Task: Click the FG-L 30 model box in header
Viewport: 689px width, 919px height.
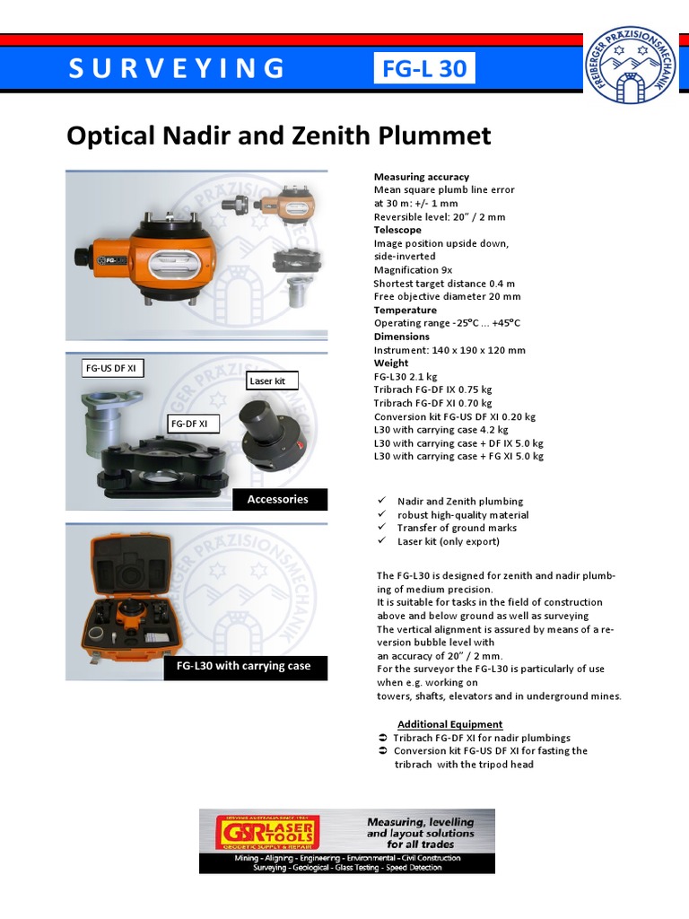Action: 424,69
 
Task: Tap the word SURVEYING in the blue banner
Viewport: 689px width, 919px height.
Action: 177,69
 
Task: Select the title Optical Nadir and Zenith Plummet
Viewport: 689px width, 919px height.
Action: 279,136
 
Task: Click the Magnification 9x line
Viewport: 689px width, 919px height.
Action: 413,270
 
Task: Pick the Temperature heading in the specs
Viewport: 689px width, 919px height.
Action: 405,310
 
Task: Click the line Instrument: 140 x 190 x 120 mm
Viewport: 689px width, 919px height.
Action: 449,350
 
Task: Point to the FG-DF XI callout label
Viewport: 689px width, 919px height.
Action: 188,423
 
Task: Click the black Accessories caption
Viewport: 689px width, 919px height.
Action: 277,500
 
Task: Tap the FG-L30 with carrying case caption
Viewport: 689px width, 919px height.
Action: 245,667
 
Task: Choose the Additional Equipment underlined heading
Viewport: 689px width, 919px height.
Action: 449,724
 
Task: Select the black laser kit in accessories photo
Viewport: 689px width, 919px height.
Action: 268,431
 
